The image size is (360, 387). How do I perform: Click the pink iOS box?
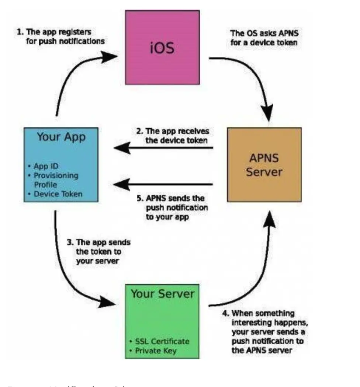pos(162,47)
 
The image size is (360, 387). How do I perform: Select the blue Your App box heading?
pos(61,137)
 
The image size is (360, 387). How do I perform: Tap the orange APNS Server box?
pos(264,165)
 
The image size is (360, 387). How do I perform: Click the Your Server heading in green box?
pos(162,294)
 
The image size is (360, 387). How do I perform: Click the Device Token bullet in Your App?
pos(58,193)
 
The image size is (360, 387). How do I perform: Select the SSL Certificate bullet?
pos(159,341)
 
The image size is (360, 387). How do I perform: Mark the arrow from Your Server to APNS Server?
pos(255,273)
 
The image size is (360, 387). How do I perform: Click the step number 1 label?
pos(19,32)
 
